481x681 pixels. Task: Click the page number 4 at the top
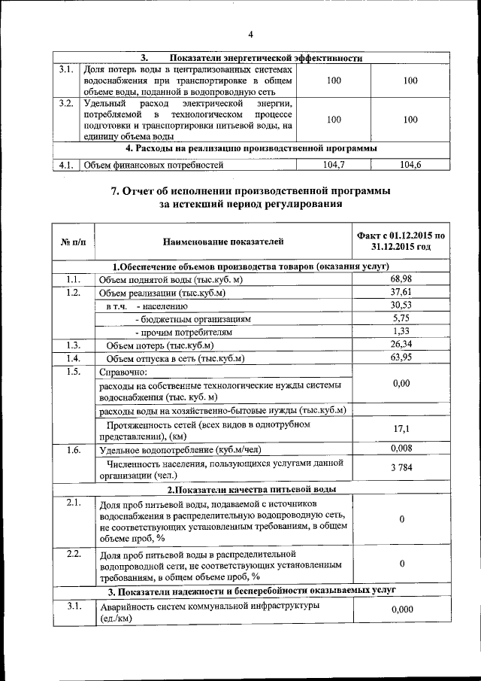coord(251,33)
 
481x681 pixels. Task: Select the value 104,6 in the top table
coord(410,164)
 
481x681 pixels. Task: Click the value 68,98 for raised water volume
coord(401,280)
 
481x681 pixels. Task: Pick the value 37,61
coord(401,293)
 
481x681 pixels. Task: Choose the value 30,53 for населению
coord(401,306)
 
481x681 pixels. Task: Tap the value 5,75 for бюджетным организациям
coord(401,318)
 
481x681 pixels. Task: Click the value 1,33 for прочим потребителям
coord(401,331)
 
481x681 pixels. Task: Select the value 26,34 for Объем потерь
coord(401,345)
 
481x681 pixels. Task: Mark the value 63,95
coord(401,357)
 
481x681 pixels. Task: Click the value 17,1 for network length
coord(401,429)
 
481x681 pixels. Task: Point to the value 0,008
coord(401,449)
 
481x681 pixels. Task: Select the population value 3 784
coord(401,469)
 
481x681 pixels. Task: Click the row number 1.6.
coord(74,450)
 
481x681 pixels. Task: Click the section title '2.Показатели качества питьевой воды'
coord(250,489)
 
